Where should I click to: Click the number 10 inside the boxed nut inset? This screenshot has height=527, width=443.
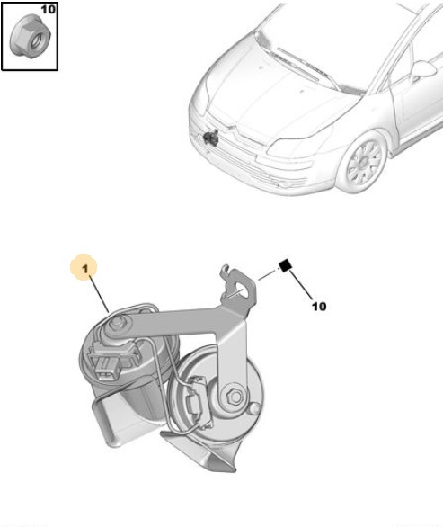48,9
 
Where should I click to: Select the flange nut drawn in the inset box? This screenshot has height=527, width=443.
30,36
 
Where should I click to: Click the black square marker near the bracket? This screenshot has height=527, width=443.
285,265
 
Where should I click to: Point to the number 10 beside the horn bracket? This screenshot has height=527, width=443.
319,306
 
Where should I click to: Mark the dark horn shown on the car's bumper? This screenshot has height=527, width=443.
211,137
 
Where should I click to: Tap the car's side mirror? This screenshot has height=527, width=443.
424,70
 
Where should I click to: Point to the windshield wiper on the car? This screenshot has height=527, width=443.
297,64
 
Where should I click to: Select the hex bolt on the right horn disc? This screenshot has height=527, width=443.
235,397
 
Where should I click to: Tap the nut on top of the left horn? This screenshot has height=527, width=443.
117,323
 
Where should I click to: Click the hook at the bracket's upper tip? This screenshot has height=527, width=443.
226,271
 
